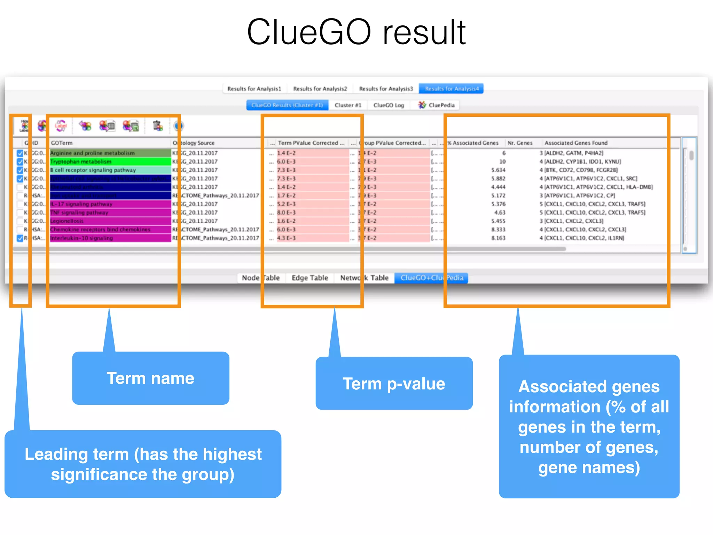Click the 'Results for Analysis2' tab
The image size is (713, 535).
tap(320, 89)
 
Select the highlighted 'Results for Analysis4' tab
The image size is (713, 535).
tap(452, 89)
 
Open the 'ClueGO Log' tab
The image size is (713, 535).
tap(389, 105)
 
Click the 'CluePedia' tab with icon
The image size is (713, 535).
tap(437, 105)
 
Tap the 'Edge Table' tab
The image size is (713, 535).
tap(310, 278)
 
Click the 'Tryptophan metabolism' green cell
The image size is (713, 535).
tap(110, 162)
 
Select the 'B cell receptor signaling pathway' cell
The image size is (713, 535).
tap(110, 170)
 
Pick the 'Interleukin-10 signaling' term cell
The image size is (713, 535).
tap(110, 238)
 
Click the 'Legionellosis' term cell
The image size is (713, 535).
tap(110, 221)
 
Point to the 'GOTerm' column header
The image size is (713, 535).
tap(62, 143)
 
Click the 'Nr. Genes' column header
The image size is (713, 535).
tap(520, 143)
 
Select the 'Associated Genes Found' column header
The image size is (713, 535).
tap(576, 143)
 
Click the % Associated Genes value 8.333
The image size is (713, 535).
tap(498, 230)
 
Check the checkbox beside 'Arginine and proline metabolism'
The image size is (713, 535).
tap(20, 153)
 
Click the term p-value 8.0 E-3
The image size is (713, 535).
tap(287, 212)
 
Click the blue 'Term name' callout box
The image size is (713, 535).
tap(150, 378)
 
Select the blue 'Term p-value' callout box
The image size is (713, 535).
tap(394, 383)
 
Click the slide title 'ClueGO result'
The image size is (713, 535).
tap(356, 32)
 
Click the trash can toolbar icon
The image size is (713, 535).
tap(158, 126)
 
